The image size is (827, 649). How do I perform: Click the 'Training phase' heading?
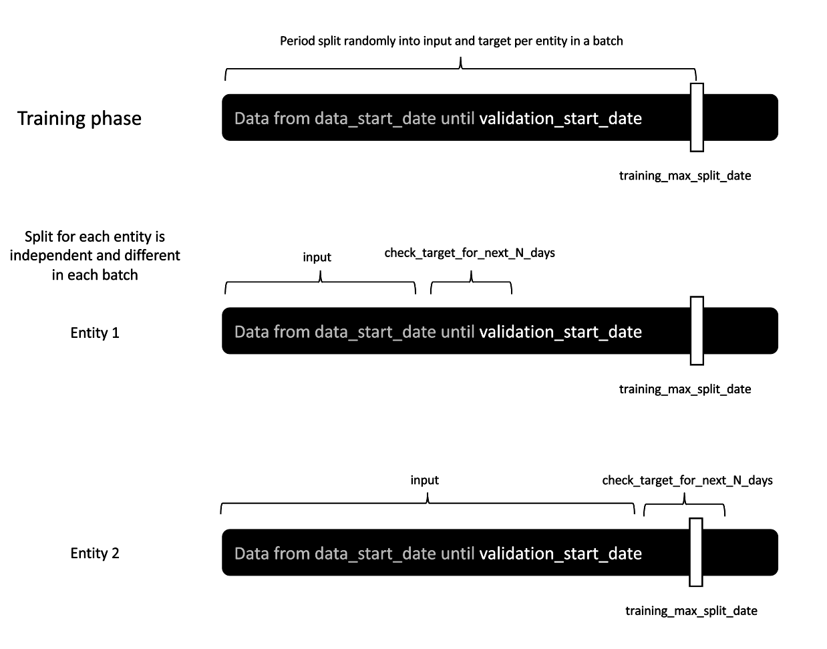tap(79, 118)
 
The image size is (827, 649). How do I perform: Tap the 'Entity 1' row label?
tap(95, 333)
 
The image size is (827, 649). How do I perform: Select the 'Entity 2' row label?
tap(95, 553)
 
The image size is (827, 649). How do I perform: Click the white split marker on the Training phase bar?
tap(697, 118)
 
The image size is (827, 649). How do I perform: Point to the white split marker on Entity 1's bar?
tap(697, 331)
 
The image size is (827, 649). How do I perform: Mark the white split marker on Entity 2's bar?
tap(696, 552)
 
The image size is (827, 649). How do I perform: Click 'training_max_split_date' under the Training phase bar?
tap(685, 176)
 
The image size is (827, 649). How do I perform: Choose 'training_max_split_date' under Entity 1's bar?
tap(685, 389)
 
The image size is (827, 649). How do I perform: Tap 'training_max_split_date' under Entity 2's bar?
tap(691, 611)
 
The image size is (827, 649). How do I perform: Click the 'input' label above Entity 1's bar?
tap(317, 257)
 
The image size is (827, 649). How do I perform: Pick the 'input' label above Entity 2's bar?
tap(424, 480)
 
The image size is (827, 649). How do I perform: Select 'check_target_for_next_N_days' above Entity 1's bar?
tap(470, 253)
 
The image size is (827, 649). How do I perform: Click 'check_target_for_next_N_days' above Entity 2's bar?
tap(687, 480)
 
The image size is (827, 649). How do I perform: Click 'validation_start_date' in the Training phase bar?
tap(560, 118)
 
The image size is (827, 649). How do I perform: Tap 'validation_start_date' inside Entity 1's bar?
tap(560, 332)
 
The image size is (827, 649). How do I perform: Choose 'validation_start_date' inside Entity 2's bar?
tap(560, 554)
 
